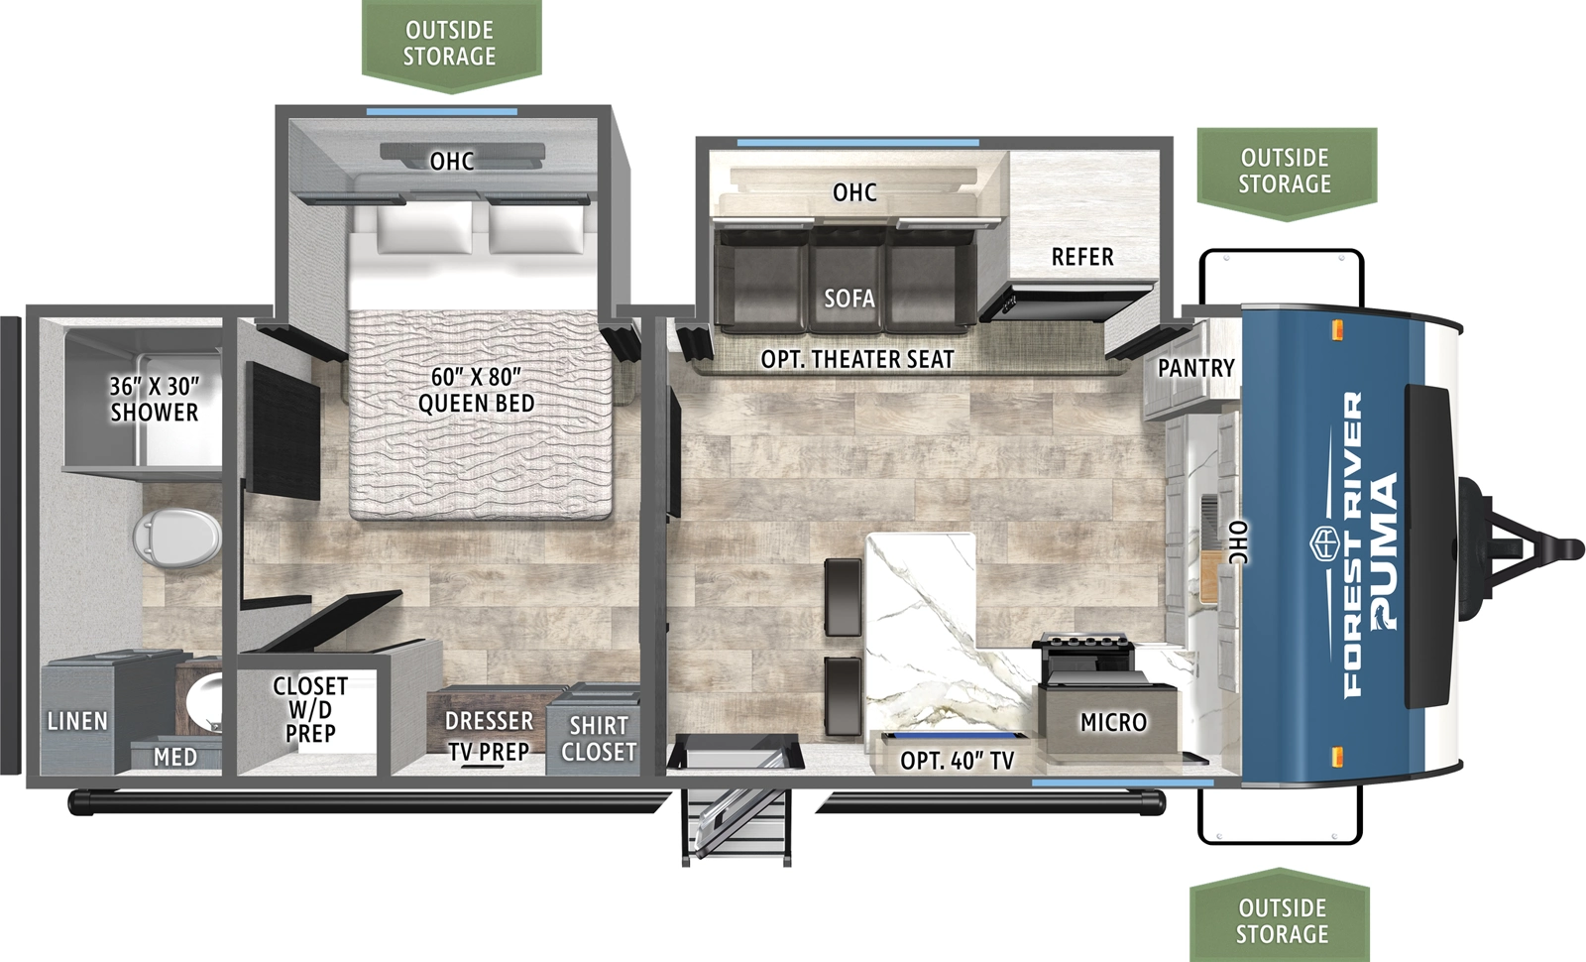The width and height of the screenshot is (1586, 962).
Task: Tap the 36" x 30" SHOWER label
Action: click(155, 400)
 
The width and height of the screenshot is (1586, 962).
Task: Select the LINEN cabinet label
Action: click(77, 722)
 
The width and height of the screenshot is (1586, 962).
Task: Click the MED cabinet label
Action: click(175, 758)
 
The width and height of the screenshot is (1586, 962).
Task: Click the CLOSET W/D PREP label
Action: click(310, 710)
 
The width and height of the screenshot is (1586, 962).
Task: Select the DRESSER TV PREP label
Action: click(489, 736)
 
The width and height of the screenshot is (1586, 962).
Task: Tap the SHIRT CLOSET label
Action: click(599, 739)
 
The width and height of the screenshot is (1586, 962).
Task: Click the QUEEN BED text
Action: click(476, 391)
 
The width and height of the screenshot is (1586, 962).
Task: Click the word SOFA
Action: click(850, 299)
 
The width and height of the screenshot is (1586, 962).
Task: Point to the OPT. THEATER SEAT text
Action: click(857, 360)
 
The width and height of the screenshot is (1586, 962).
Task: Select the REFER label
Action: click(1082, 258)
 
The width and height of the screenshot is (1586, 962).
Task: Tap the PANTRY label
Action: click(1196, 368)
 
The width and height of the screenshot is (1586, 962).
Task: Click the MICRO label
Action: click(1113, 723)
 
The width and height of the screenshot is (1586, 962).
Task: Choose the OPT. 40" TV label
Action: click(957, 762)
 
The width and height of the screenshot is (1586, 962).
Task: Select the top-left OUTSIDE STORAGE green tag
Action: click(450, 44)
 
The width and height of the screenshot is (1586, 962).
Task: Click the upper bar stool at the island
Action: click(844, 596)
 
